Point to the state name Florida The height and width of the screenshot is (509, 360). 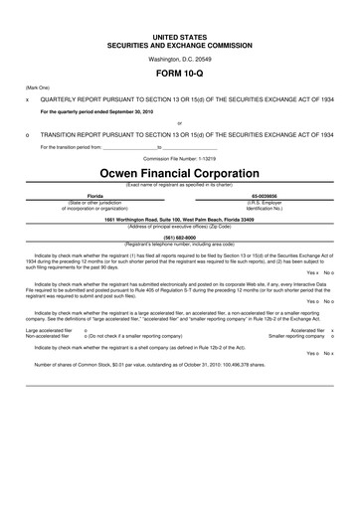(96, 197)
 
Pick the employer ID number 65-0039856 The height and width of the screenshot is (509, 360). (265, 197)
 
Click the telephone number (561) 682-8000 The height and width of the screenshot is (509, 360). (180, 239)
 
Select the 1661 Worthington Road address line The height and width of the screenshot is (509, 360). (180, 220)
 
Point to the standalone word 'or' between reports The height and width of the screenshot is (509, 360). (180, 123)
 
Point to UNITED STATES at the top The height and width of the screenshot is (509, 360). (180, 36)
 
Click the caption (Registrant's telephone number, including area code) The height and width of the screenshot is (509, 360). (180, 245)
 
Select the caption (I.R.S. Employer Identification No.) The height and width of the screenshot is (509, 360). (265, 206)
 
